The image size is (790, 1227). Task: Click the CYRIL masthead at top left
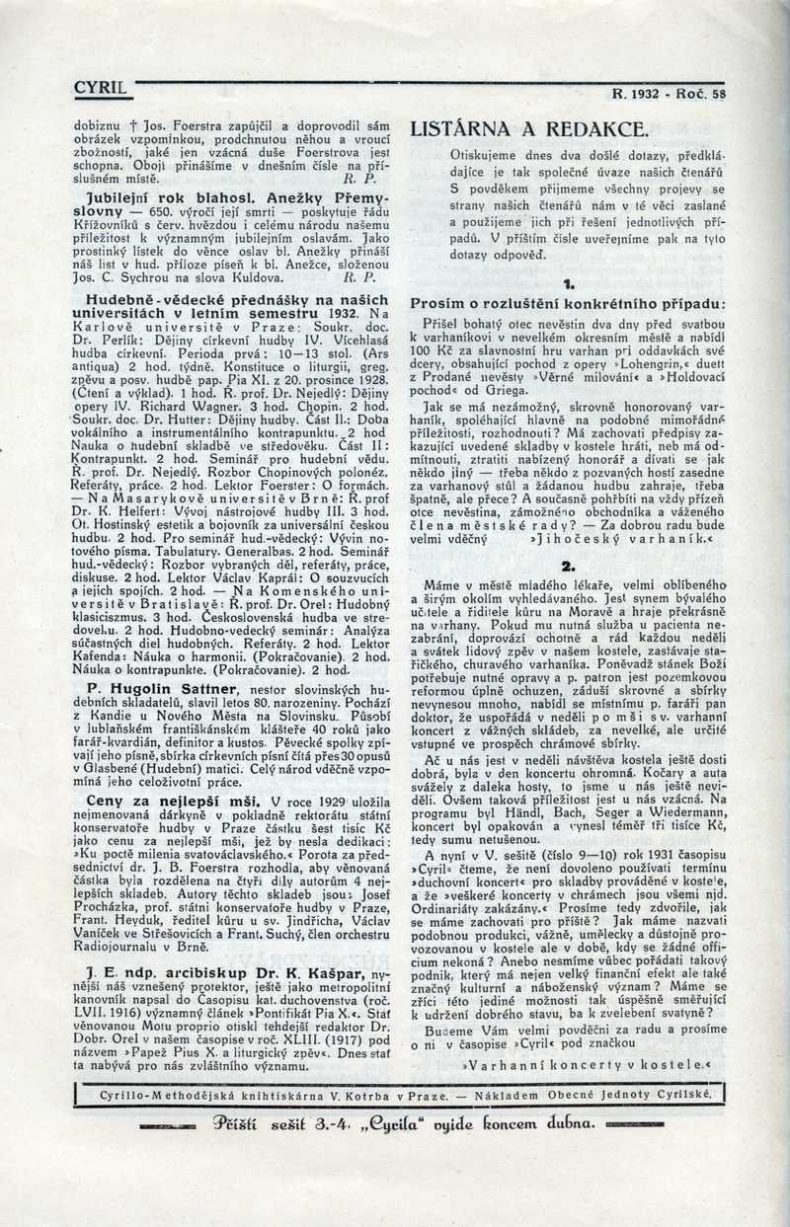101,89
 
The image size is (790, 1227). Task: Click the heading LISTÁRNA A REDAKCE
529,129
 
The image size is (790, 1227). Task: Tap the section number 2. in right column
568,566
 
